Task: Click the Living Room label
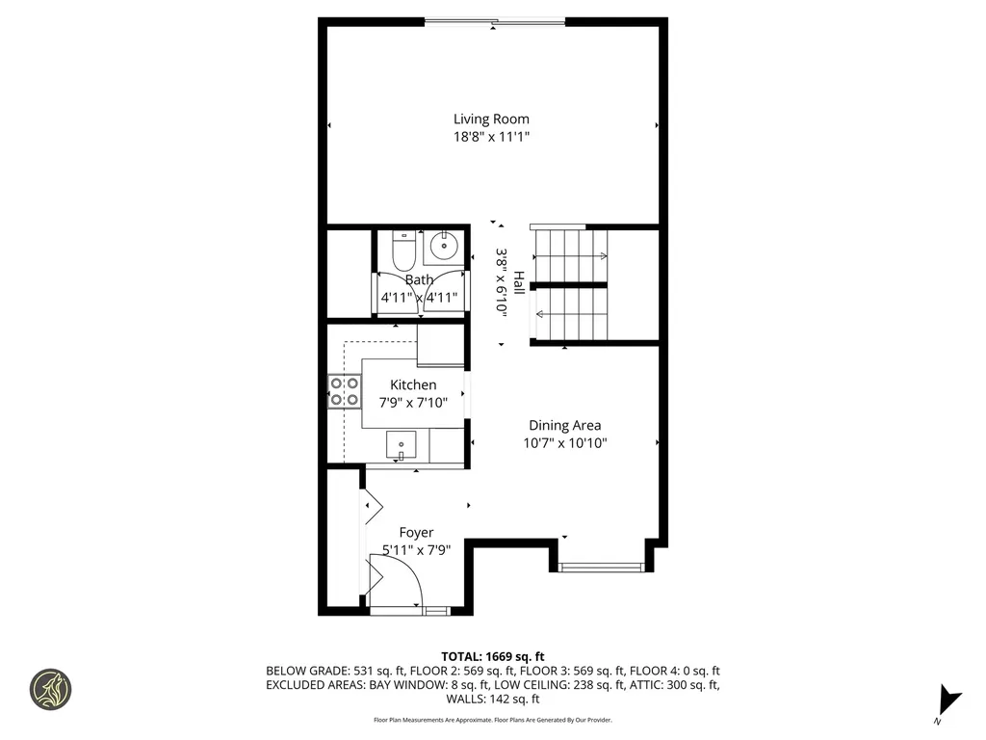point(491,119)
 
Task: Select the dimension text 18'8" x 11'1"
point(491,138)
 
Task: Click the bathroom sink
point(444,247)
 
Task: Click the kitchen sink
point(401,445)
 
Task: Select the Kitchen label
point(412,385)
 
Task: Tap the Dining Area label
point(564,425)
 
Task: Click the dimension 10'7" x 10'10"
point(564,443)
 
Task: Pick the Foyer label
point(416,532)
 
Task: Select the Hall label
point(519,282)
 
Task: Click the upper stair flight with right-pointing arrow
point(571,255)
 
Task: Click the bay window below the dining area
point(602,568)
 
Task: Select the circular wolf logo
point(50,689)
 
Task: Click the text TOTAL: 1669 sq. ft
point(493,657)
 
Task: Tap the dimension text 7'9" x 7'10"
point(412,403)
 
